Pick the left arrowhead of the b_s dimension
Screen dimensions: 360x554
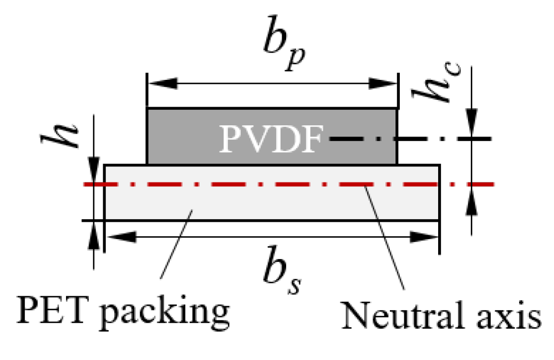[x=119, y=237]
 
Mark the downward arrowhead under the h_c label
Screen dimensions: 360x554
[x=471, y=125]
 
